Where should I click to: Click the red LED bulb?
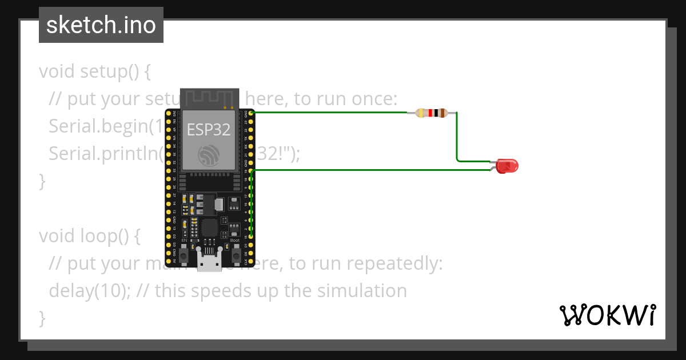(x=507, y=166)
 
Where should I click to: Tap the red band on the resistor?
(x=430, y=113)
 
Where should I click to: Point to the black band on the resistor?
(x=437, y=113)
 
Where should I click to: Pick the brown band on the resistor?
(x=443, y=113)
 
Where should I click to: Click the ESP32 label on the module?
(x=209, y=130)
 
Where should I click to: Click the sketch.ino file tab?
(x=101, y=25)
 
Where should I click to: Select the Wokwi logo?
(x=607, y=315)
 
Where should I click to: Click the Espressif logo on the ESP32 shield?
(x=209, y=155)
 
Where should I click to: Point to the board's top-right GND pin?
(x=252, y=113)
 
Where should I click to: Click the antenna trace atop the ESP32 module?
(x=209, y=97)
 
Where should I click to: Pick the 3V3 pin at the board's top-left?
(x=168, y=113)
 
